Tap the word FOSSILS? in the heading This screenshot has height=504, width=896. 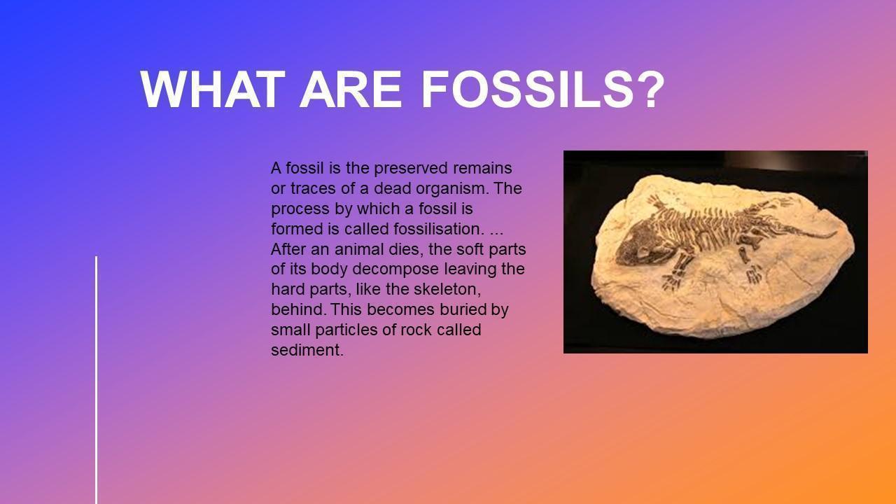[542, 89]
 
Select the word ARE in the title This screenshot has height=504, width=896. [351, 89]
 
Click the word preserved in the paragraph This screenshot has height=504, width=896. [411, 169]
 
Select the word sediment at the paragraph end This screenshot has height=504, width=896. [307, 350]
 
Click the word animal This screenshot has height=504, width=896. [353, 249]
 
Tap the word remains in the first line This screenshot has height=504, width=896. [482, 169]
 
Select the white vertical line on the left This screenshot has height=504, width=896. [97, 380]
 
